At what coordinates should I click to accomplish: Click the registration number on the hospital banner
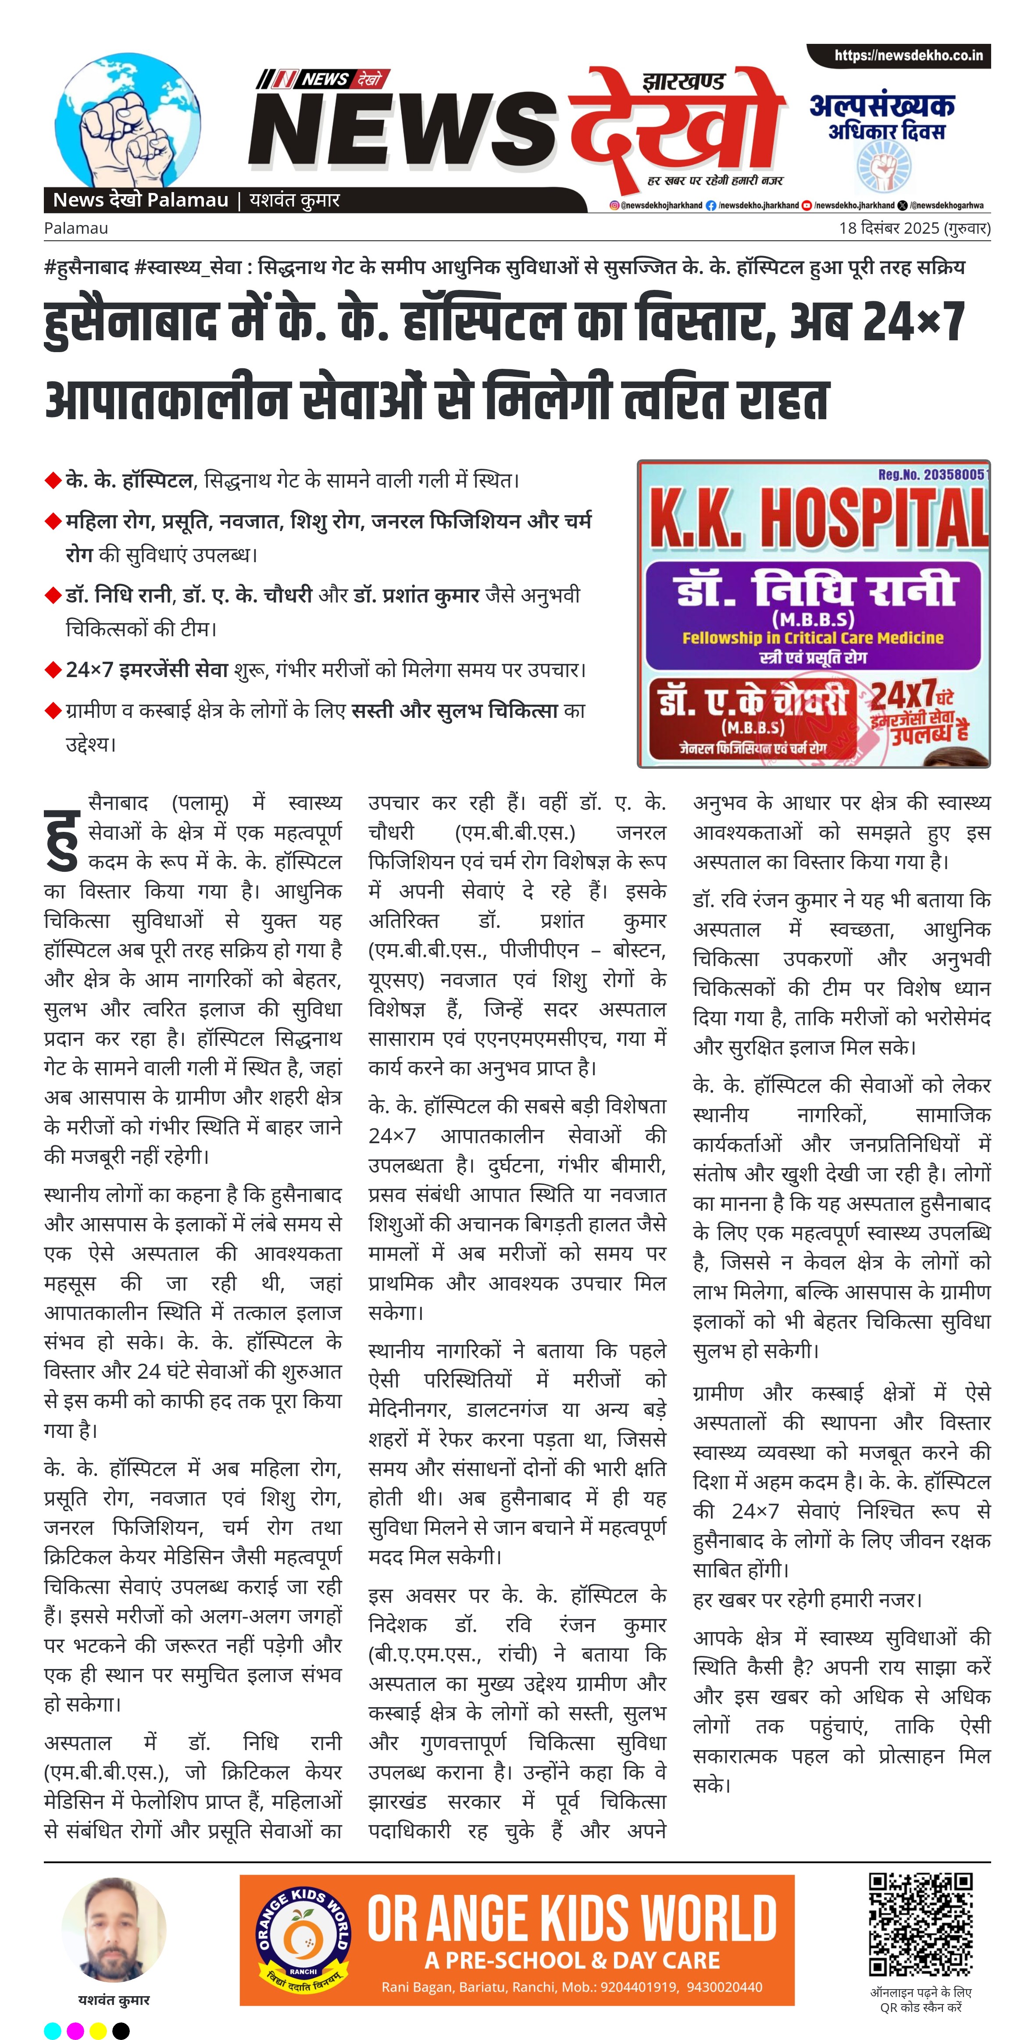pyautogui.click(x=932, y=474)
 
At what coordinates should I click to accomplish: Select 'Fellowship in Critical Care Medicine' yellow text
pyautogui.click(x=813, y=638)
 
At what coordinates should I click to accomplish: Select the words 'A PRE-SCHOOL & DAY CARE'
pyautogui.click(x=572, y=1960)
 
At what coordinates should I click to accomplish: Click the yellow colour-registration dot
pyautogui.click(x=98, y=2030)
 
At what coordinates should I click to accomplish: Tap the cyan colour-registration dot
pyautogui.click(x=52, y=2030)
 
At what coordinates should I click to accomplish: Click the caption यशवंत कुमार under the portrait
pyautogui.click(x=114, y=2001)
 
